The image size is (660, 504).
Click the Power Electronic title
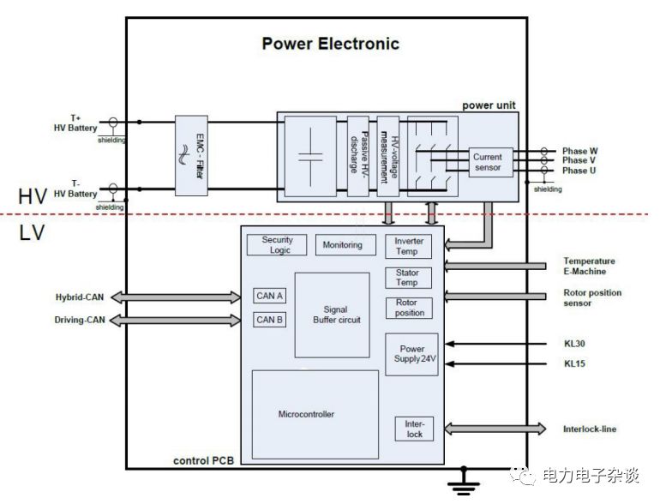330,44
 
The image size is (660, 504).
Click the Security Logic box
277,245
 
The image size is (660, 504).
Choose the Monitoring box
342,245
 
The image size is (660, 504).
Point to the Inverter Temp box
409,246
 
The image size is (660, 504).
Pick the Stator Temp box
407,278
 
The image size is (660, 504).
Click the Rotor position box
409,308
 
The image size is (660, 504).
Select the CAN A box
270,296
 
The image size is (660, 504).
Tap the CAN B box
270,320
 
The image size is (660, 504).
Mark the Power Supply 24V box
411,354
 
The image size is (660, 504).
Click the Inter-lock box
414,429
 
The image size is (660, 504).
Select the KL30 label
574,344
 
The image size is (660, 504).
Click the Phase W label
580,151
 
